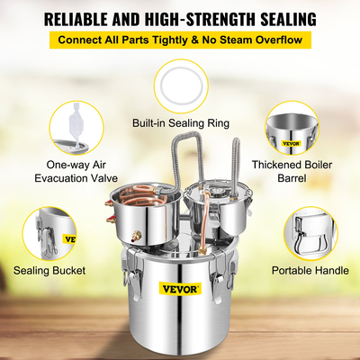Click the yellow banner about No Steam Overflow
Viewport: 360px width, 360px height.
[x=180, y=40]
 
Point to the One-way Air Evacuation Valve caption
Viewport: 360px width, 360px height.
[x=64, y=173]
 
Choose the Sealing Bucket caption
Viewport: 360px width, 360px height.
[x=51, y=269]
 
